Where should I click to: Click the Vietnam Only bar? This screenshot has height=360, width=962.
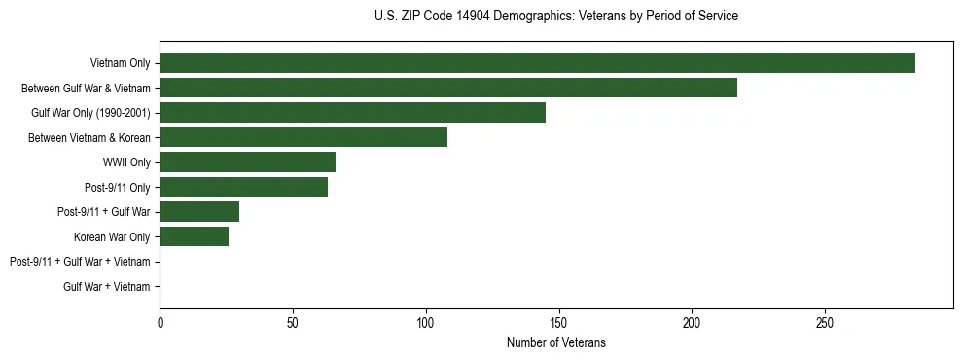pos(537,63)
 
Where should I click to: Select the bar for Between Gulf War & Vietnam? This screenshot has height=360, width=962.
pos(448,88)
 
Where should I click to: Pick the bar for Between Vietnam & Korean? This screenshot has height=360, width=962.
pos(303,137)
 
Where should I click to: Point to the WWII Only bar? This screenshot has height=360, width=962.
pos(247,162)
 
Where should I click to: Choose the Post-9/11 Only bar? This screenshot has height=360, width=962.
pos(243,187)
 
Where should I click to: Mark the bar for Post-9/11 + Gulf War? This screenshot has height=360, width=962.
pos(199,212)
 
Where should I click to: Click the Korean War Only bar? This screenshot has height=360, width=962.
pos(194,236)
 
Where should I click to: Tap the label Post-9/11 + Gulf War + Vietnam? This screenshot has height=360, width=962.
pos(80,262)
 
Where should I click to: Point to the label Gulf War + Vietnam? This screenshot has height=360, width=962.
pos(107,287)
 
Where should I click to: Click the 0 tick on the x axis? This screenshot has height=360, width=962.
pos(160,321)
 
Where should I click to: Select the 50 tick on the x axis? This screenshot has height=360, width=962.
pos(293,321)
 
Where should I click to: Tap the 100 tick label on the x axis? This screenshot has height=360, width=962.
pos(425,321)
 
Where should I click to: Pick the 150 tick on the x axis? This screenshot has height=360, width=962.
pos(558,321)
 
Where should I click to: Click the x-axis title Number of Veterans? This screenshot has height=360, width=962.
pos(555,342)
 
